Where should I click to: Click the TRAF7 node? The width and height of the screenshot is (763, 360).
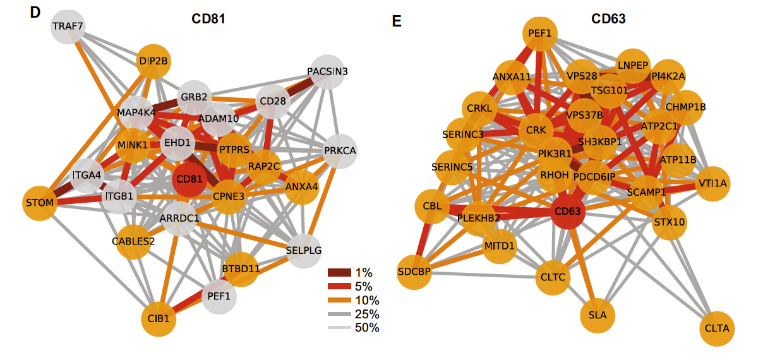pyautogui.click(x=68, y=27)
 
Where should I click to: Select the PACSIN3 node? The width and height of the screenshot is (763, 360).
pyautogui.click(x=328, y=71)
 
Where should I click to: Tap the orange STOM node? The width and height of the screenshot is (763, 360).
pyautogui.click(x=40, y=203)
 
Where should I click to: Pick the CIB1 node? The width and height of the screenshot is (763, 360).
pyautogui.click(x=159, y=319)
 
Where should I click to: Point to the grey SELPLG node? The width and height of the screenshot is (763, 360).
pyautogui.click(x=304, y=250)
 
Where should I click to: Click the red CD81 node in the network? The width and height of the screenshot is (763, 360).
pyautogui.click(x=189, y=179)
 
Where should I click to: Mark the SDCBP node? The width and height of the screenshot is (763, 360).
pyautogui.click(x=414, y=272)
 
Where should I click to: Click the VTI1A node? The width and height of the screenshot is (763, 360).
pyautogui.click(x=712, y=183)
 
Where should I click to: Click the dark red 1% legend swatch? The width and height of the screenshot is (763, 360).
pyautogui.click(x=339, y=273)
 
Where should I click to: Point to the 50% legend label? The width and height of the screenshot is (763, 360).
pyautogui.click(x=368, y=328)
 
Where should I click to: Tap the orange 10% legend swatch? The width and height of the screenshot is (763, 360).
pyautogui.click(x=339, y=300)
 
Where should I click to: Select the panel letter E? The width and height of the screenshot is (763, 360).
pyautogui.click(x=397, y=21)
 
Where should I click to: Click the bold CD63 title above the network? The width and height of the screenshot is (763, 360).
pyautogui.click(x=608, y=19)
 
